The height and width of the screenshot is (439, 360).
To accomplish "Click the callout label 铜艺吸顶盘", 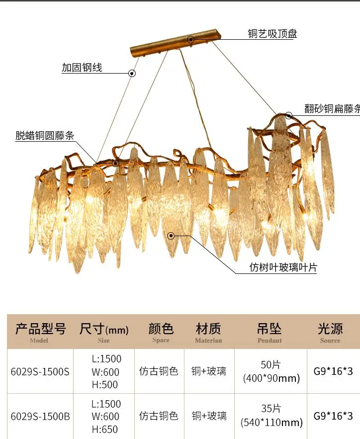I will tap(272, 34).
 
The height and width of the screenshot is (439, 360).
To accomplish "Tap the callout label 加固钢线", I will tap(82, 68).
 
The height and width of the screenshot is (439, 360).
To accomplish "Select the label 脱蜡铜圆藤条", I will tap(45, 135).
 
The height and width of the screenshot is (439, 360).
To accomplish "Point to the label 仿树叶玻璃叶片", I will tap(283, 267).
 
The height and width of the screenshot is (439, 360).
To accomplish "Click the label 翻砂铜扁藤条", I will tap(332, 109).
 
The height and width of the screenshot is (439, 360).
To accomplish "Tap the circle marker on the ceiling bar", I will tap(190, 39).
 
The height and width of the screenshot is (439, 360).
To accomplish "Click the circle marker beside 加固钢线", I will tap(132, 73).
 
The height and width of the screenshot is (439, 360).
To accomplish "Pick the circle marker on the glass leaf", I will tap(171, 235).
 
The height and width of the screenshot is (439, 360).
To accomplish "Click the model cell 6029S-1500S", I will tap(40, 371).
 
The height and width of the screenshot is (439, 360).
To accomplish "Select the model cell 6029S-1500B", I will tap(40, 417).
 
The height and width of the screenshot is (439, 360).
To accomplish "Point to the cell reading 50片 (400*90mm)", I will tap(271, 371).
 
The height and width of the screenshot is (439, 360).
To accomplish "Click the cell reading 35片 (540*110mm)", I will tap(271, 416).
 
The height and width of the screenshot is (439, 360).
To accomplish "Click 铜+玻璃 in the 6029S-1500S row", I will tap(209, 371).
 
